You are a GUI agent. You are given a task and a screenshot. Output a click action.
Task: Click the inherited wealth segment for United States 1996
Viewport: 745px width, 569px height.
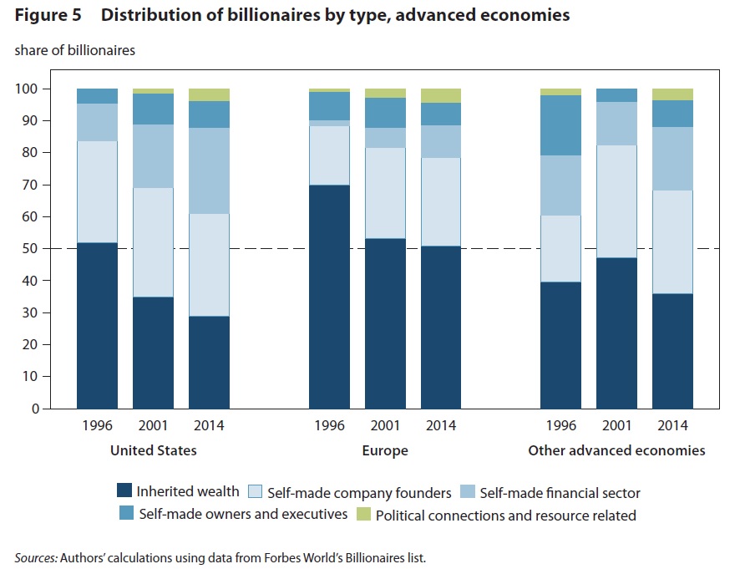[97, 326]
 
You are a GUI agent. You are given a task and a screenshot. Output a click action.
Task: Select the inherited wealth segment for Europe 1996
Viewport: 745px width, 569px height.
[330, 297]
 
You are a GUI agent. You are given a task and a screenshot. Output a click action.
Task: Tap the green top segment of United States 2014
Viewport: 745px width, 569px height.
[209, 94]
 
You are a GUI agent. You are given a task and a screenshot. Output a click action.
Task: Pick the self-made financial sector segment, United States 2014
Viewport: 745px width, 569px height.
[209, 170]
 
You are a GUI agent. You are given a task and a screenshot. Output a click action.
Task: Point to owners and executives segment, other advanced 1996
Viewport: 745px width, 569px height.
[560, 125]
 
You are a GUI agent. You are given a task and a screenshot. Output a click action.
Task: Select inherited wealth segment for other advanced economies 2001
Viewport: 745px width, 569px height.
[616, 333]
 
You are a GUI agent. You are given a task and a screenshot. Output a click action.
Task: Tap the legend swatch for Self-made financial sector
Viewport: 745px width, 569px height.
[470, 493]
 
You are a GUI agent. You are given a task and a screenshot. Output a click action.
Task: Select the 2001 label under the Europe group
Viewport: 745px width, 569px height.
[385, 426]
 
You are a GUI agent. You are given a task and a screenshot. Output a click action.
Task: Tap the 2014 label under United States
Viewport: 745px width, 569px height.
[209, 426]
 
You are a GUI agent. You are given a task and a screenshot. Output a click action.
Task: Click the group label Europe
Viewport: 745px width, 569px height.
[385, 450]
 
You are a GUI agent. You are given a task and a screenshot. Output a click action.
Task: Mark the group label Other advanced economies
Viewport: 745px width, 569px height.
[616, 450]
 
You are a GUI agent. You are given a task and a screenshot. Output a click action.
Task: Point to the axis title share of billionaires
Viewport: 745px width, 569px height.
[74, 50]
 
